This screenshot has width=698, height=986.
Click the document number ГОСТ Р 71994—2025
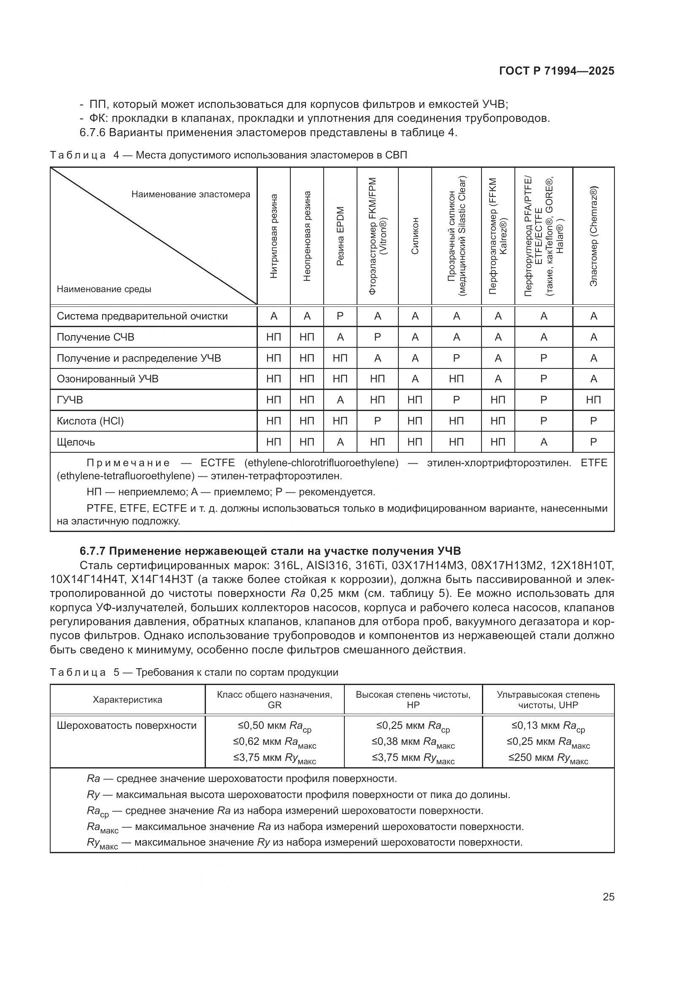point(557,71)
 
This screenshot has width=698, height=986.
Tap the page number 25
point(608,897)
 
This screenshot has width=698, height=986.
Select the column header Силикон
point(415,236)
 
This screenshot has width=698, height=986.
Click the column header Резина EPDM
point(340,236)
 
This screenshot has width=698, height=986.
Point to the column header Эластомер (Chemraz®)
point(594,236)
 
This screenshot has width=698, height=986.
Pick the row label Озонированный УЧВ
point(108,379)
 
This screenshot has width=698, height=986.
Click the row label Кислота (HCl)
point(90,421)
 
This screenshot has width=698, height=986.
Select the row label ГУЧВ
point(70,400)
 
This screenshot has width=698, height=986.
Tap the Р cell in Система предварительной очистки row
point(340,316)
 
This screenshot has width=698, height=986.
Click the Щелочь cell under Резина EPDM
point(340,442)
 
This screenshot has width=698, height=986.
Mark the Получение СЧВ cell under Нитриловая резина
point(273,337)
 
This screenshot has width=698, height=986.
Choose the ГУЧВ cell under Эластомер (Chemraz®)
point(594,400)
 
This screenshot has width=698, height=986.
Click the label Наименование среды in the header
point(103,289)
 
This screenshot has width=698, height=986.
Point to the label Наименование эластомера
point(190,194)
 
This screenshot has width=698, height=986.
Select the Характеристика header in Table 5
point(127,700)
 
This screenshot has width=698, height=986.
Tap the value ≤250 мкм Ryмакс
point(548,758)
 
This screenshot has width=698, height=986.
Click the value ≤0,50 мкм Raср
point(274,726)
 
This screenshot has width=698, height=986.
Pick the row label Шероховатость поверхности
point(126,725)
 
